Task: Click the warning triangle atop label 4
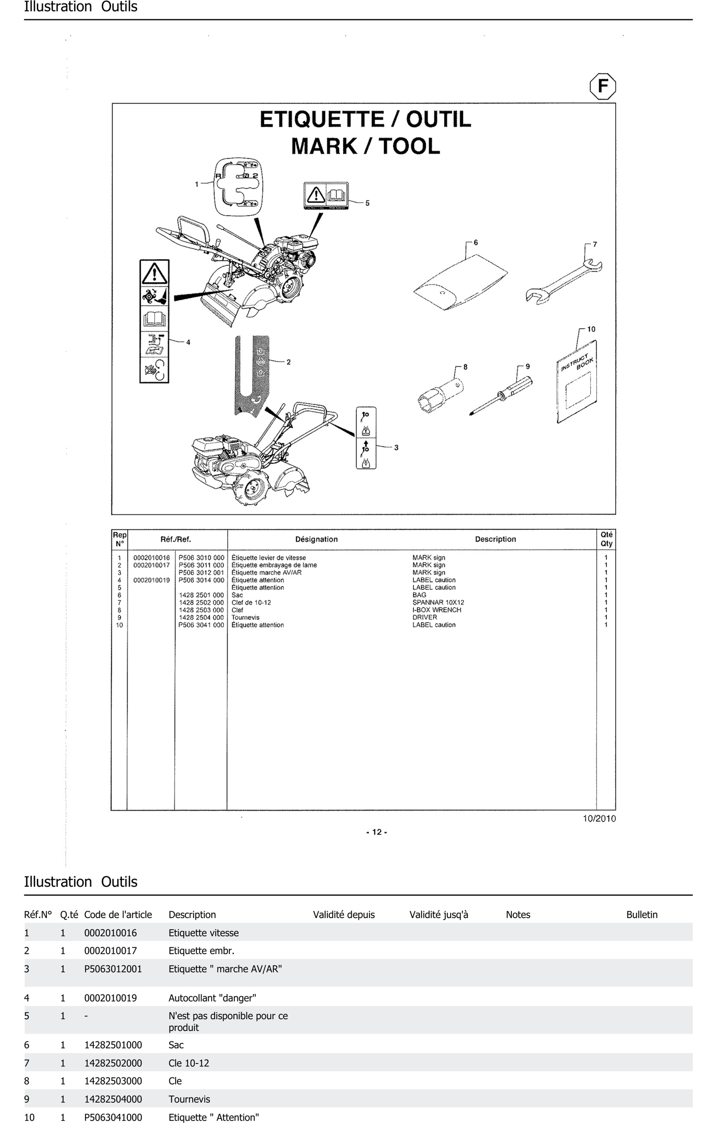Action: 154,273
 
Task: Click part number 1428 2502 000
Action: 201,603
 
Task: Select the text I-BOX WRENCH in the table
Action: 437,610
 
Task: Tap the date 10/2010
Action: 599,818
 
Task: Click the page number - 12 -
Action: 377,832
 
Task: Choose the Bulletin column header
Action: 642,915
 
